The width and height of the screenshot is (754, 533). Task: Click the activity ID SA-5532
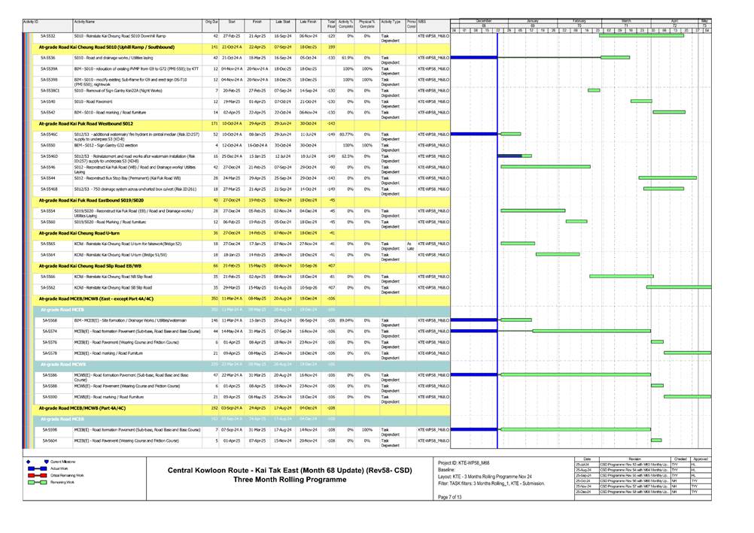coord(47,35)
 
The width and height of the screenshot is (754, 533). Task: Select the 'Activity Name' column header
coord(85,23)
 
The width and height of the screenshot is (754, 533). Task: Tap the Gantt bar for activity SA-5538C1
coord(594,90)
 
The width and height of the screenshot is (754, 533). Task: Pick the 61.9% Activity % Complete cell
coord(347,57)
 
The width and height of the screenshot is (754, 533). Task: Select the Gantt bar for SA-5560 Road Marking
coord(576,222)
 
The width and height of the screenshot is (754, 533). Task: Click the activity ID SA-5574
coord(49,332)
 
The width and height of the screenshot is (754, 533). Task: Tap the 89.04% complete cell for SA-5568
coord(346,320)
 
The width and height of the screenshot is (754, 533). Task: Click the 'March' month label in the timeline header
coord(626,20)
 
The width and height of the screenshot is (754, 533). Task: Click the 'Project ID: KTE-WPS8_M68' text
coord(464,462)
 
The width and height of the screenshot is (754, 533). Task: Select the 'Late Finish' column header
coord(309,23)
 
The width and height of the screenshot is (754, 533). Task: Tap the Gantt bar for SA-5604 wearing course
coord(656,440)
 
